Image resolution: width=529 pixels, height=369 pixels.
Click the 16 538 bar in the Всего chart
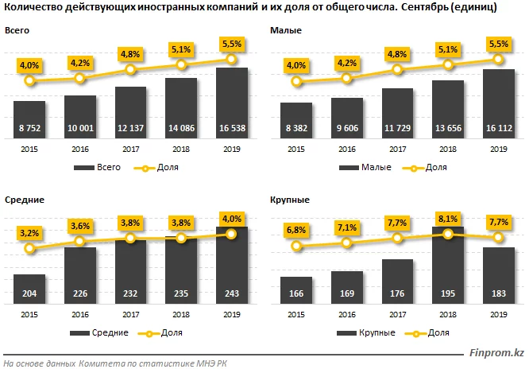pos(231,103)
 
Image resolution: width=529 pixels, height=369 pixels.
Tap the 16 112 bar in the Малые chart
pos(499,103)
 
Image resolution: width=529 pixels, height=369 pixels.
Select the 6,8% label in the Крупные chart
pos(297,230)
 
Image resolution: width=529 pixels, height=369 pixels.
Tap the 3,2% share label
pos(29,232)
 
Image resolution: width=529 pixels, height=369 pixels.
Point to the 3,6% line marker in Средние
pos(79,243)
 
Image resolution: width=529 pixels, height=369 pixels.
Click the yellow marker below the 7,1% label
pos(347,243)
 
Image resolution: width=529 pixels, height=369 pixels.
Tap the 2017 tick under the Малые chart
pos(397,149)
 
